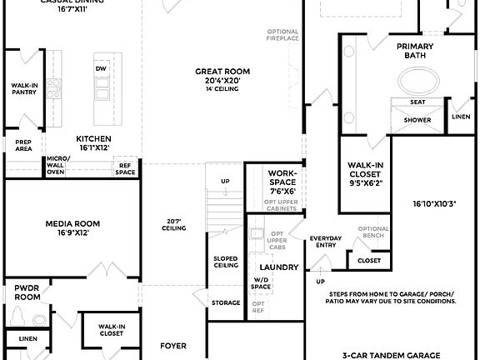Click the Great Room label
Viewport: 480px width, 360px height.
[x=222, y=72]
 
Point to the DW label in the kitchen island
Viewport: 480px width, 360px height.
[x=101, y=68]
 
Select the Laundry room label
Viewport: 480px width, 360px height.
[x=284, y=267]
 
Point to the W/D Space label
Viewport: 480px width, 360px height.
[x=261, y=283]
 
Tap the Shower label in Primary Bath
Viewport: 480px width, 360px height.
[x=417, y=120]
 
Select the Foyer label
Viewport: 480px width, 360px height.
[x=173, y=346]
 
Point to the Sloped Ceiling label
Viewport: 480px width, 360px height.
[x=226, y=262]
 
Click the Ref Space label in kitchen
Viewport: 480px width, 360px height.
[x=126, y=168]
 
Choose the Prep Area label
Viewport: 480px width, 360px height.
[x=23, y=146]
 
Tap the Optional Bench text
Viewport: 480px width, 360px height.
[x=373, y=232]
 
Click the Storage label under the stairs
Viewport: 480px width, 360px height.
[x=226, y=302]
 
